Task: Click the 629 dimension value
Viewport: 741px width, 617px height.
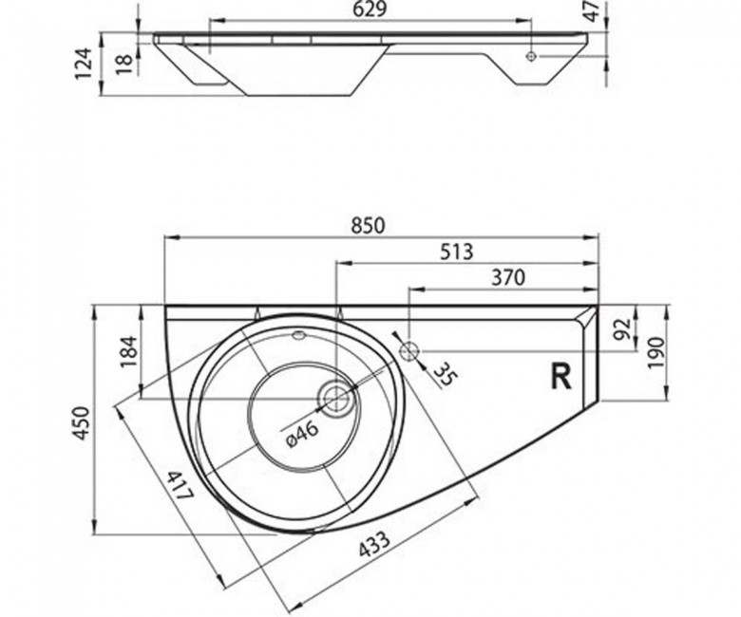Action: click(x=370, y=9)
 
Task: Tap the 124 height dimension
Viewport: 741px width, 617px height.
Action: click(x=84, y=64)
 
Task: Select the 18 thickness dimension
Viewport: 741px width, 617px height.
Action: click(x=124, y=64)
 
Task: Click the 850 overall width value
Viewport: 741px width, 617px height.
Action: click(x=369, y=226)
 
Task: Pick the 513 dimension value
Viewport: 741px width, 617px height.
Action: click(x=457, y=252)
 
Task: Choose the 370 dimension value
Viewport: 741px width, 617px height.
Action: click(x=508, y=277)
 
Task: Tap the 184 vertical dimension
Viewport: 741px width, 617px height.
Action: click(x=129, y=352)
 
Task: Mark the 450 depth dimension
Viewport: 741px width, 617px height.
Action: click(x=82, y=423)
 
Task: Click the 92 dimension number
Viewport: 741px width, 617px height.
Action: click(x=623, y=328)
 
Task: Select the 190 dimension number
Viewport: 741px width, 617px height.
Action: click(x=656, y=353)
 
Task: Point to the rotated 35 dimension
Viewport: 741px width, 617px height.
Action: click(x=445, y=373)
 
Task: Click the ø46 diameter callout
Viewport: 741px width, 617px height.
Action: click(x=301, y=434)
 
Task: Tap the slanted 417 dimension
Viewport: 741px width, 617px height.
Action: click(x=181, y=486)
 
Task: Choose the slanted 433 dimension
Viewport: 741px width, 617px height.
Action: click(x=374, y=544)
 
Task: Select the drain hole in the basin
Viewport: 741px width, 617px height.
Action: click(x=336, y=398)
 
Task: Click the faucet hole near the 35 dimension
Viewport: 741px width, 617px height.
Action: click(x=409, y=351)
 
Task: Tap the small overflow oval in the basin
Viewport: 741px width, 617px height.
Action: click(x=298, y=336)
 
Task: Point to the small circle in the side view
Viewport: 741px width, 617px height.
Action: click(x=531, y=56)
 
